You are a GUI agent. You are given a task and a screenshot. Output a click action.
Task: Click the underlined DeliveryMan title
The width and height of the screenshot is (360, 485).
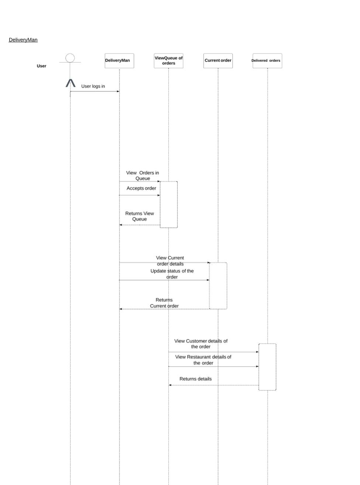[23, 40]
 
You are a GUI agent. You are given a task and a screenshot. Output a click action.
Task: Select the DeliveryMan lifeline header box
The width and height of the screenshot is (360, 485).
[119, 61]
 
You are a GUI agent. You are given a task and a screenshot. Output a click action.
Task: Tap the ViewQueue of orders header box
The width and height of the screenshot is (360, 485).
[169, 61]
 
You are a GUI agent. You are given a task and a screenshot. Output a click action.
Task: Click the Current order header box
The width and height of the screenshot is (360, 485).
[218, 61]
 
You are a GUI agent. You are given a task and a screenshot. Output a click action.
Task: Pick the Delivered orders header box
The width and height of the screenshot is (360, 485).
[267, 61]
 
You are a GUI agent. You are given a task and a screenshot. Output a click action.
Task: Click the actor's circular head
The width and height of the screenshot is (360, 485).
[70, 58]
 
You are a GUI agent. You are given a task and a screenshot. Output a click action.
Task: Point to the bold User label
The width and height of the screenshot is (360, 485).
[42, 66]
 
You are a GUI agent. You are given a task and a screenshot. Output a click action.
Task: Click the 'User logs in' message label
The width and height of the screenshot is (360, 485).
[93, 86]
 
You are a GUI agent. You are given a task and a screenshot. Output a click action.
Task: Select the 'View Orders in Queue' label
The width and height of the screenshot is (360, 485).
[142, 175]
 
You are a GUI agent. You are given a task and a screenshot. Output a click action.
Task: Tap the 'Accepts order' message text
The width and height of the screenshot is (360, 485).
[141, 188]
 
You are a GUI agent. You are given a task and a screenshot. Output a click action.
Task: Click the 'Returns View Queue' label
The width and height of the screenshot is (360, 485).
[139, 216]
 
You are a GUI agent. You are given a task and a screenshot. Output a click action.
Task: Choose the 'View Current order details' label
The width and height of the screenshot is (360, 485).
[170, 261]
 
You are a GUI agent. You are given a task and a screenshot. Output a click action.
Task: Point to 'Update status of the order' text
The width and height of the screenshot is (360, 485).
[172, 274]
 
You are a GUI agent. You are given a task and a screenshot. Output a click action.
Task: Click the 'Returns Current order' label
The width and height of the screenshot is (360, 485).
[164, 303]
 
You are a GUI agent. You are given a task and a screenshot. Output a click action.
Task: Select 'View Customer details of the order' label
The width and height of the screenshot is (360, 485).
[201, 344]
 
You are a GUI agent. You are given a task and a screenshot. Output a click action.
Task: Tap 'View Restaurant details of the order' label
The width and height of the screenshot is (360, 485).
[203, 360]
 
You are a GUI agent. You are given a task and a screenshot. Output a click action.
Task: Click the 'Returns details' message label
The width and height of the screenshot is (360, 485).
[195, 379]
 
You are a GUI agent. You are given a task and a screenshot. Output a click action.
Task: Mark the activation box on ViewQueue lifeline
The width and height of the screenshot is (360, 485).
[169, 205]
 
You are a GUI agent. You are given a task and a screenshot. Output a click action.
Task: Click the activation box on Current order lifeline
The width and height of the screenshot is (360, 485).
[218, 286]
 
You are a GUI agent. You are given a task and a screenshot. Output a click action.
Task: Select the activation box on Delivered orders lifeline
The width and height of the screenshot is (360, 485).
[267, 367]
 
